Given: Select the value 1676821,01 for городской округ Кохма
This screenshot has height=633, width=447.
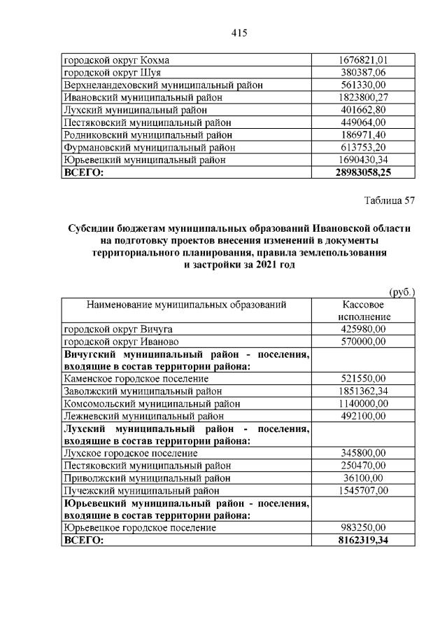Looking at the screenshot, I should pos(362,60).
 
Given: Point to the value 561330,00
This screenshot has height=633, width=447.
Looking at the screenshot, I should pos(362,85).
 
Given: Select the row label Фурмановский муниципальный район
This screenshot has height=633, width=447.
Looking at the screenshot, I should pos(149,147).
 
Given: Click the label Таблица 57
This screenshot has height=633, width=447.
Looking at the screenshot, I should pos(390,201).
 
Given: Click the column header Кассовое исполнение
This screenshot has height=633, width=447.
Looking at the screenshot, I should pos(362,310).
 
